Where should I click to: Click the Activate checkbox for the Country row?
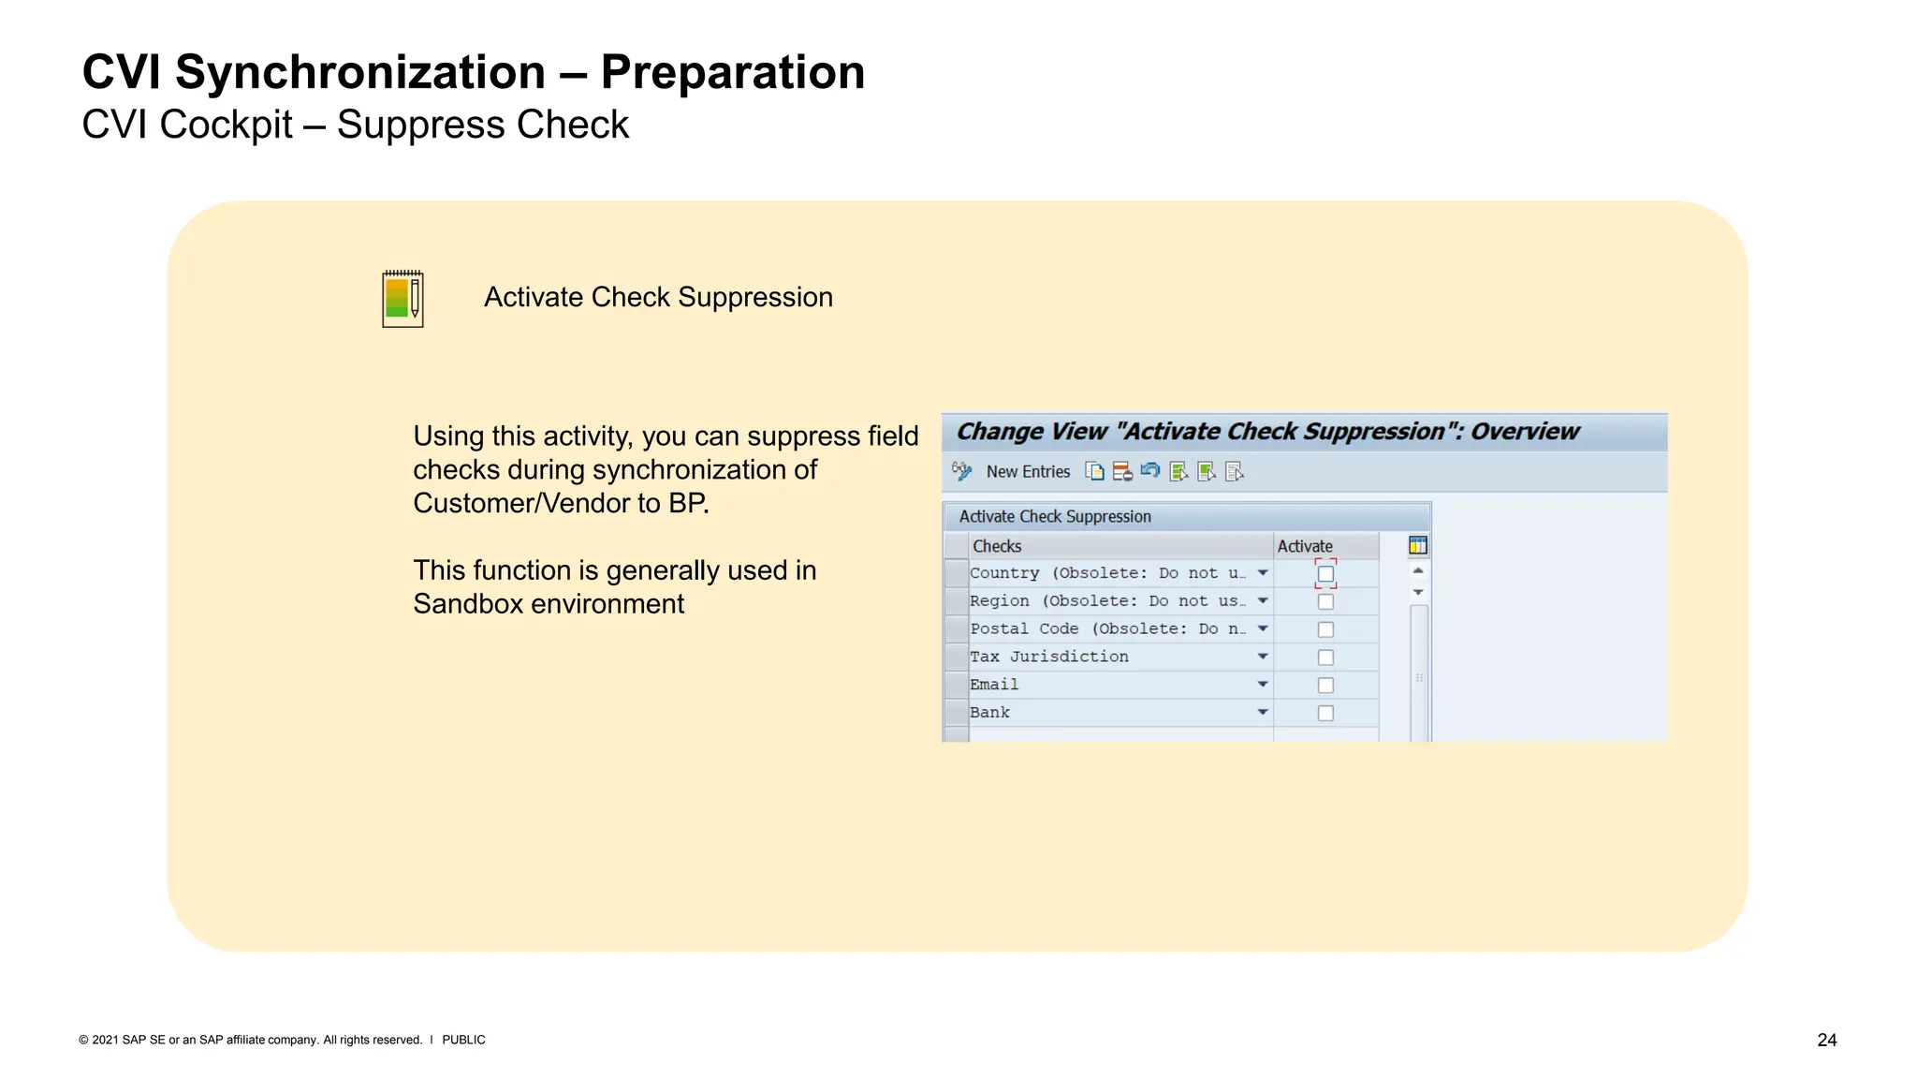pos(1325,573)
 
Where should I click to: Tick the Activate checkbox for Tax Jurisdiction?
pos(1325,658)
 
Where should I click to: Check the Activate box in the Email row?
pos(1325,686)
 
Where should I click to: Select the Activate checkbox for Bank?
pos(1325,714)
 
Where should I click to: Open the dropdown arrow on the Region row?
pos(1263,600)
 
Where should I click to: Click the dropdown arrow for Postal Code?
pos(1263,628)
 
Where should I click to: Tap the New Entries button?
pos(1027,472)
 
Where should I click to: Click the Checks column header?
pos(997,546)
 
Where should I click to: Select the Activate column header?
pos(1305,546)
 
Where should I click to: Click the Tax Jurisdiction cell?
pos(1049,657)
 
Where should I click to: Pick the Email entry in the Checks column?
pos(994,685)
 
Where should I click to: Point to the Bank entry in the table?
pos(989,713)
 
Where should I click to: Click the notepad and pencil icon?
pos(402,299)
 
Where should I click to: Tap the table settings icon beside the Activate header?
pos(1418,545)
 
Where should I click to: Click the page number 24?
pos(1826,1040)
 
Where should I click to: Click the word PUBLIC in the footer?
pos(463,1040)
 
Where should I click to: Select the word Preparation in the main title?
pos(732,72)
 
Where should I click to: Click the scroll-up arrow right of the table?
pos(1418,570)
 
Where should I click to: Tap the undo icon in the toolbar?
pos(1150,471)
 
